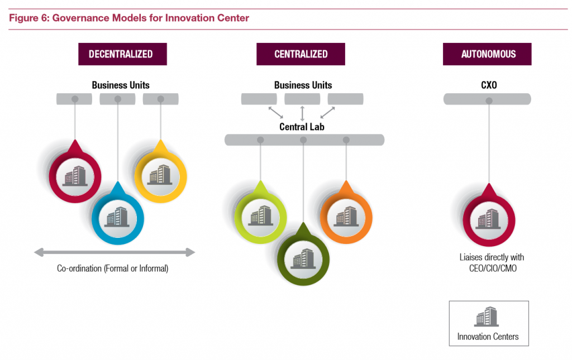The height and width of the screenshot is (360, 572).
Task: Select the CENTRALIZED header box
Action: point(301,54)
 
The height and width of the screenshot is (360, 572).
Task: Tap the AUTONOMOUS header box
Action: point(487,54)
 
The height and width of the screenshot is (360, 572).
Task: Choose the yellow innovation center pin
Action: point(160,175)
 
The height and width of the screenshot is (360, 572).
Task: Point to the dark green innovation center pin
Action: point(303,258)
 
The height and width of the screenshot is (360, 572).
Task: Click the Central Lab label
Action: point(302,127)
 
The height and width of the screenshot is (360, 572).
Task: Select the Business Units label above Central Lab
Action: point(303,85)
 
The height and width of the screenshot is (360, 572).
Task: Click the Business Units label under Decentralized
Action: point(121,85)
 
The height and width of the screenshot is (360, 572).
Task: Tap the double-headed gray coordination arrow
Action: point(115,252)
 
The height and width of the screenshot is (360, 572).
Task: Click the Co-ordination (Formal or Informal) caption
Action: point(113,268)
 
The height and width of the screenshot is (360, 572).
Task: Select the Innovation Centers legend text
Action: point(488,337)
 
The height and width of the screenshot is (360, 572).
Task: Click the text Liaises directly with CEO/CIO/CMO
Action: point(488,262)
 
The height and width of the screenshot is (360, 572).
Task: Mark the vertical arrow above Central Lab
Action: point(302,113)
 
